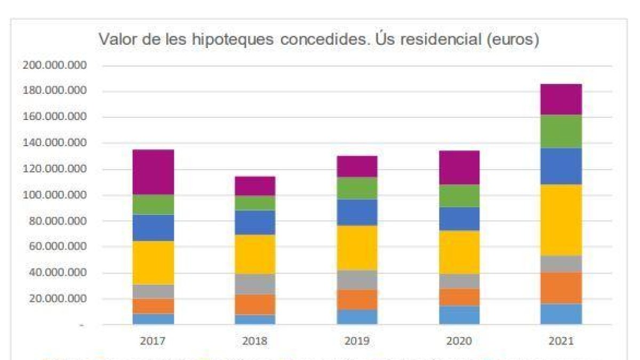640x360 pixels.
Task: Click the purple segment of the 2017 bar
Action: point(154,172)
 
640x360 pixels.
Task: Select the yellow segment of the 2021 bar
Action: point(561,220)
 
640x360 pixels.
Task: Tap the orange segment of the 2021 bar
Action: point(561,288)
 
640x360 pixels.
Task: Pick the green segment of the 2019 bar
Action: point(357,188)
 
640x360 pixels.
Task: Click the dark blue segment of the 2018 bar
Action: point(255,222)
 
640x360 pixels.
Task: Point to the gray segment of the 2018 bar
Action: point(255,284)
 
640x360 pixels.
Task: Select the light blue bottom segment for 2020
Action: point(459,315)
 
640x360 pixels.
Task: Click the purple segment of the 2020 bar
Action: point(459,167)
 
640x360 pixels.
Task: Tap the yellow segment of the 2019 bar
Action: point(357,247)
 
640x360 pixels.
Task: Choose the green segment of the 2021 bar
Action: point(561,131)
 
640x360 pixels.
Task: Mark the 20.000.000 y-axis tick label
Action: point(55,299)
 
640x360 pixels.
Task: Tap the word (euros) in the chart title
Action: point(513,40)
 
